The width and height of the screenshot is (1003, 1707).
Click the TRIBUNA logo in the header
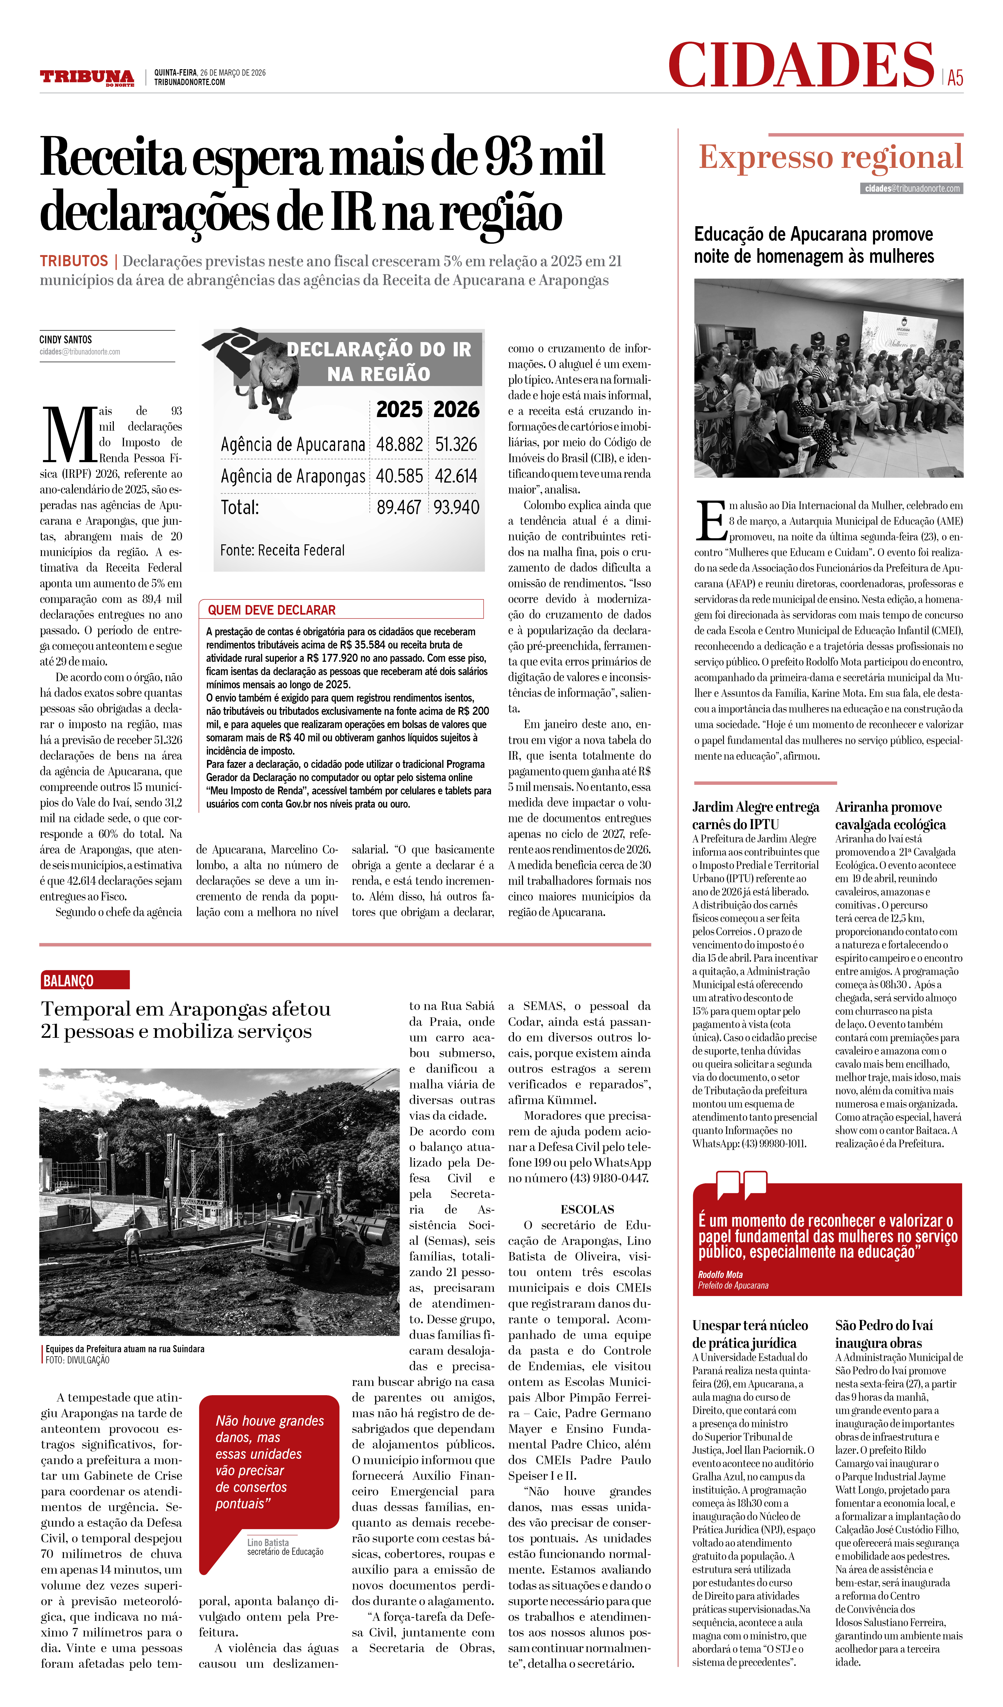pyautogui.click(x=87, y=77)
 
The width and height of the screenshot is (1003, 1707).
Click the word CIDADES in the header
pyautogui.click(x=801, y=65)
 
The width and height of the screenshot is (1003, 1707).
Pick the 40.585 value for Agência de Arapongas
pyautogui.click(x=399, y=476)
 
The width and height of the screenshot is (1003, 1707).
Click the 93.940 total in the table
pyautogui.click(x=456, y=507)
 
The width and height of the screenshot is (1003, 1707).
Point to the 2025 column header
pyautogui.click(x=399, y=410)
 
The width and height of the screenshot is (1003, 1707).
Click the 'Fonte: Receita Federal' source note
pyautogui.click(x=282, y=550)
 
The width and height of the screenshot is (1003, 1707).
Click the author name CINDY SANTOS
pyautogui.click(x=66, y=339)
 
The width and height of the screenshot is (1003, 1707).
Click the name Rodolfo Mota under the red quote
pyautogui.click(x=720, y=1274)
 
